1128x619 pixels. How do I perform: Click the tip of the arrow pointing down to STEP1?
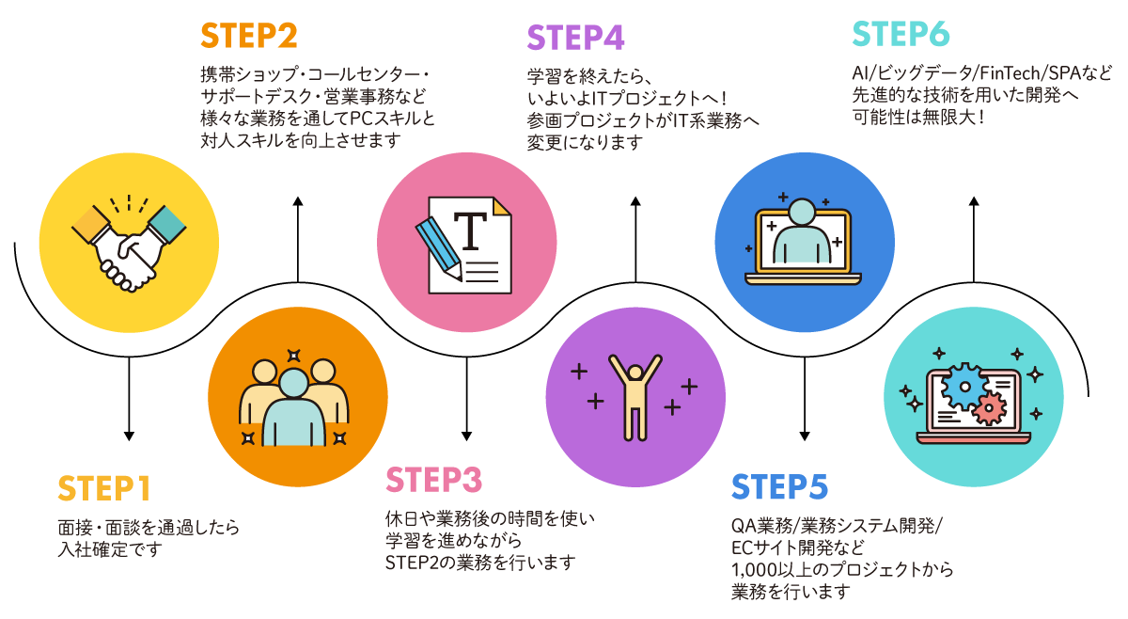tap(129, 440)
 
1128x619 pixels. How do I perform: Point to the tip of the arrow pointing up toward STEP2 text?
tap(298, 198)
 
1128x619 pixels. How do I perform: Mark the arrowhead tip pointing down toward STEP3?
tap(467, 440)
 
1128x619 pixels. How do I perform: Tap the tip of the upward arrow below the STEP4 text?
tap(635, 198)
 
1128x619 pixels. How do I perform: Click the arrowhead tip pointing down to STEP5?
tap(805, 440)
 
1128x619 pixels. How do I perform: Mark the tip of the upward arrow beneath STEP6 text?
tap(974, 198)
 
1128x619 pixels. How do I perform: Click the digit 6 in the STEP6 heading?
tap(938, 34)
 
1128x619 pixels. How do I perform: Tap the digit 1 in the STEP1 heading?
tap(144, 488)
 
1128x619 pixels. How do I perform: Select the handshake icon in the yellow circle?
tap(129, 244)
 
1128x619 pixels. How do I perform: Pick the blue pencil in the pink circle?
tap(439, 248)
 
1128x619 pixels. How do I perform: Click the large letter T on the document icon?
tap(470, 230)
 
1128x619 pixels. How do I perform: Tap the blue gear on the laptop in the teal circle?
tap(964, 387)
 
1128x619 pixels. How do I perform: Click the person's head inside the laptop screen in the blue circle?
tap(802, 212)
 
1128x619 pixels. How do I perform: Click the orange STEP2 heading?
tap(249, 36)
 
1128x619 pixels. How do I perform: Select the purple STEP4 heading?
tap(575, 38)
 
